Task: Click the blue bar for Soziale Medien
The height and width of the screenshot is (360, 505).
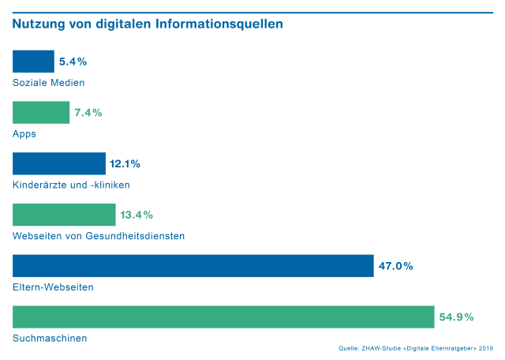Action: pos(33,62)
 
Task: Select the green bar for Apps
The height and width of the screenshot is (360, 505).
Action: pos(41,113)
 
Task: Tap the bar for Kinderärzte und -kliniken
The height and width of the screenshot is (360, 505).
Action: pos(59,163)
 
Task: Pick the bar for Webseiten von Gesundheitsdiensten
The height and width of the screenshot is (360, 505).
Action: pos(64,215)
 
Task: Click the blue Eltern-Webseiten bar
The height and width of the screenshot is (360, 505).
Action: pos(193,266)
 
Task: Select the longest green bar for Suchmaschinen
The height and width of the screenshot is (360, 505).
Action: pos(223,317)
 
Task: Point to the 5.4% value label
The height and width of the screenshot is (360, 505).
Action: pos(73,62)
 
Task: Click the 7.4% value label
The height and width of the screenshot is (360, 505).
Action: pos(88,113)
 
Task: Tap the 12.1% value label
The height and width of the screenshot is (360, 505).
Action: pos(125,164)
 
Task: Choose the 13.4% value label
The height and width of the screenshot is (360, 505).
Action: pos(137,215)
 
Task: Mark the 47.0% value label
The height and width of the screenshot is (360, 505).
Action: pos(395,266)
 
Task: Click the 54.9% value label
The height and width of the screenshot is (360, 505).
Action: pos(456,317)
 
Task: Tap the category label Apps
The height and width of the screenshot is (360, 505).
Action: pos(24,134)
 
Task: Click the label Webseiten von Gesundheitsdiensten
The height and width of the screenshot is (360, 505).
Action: pos(99,236)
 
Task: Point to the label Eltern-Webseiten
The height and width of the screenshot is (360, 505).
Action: pos(53,287)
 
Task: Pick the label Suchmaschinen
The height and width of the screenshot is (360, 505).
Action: pos(50,339)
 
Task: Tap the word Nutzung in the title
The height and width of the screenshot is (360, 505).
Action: pos(38,24)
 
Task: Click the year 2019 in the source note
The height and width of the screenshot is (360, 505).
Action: pos(485,348)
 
